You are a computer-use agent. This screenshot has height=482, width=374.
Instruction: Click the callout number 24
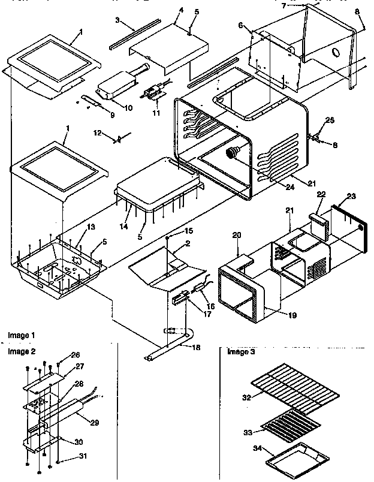click(x=275, y=186)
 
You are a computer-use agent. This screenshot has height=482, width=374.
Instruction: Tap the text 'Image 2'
click(x=22, y=351)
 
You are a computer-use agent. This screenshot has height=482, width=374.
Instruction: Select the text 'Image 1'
click(x=22, y=334)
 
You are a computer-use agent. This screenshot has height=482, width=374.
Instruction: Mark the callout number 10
click(x=128, y=107)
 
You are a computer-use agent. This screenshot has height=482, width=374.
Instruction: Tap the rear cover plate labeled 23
click(x=348, y=228)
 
